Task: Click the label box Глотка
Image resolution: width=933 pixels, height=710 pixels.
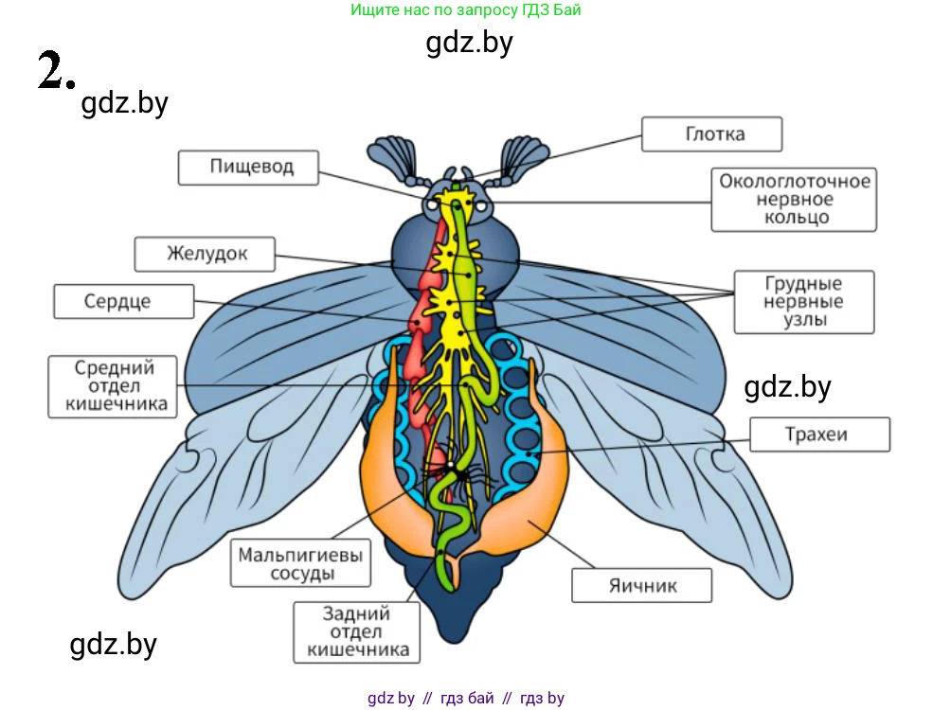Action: coord(711,134)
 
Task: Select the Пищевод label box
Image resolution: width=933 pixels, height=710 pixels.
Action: coord(251,168)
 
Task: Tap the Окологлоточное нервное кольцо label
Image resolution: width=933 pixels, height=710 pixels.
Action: coord(794,199)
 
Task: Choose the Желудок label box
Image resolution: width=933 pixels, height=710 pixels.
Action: coord(206,254)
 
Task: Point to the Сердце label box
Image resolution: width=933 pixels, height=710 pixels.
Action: coord(124,302)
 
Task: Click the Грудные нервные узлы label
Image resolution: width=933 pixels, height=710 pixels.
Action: coord(803,302)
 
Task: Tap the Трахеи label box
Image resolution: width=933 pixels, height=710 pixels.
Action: coord(819,435)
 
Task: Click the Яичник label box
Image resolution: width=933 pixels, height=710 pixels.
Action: coord(641,585)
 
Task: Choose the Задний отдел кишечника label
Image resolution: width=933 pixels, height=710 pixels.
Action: coord(357,631)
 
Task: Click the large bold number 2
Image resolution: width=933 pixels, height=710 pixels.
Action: coord(54,71)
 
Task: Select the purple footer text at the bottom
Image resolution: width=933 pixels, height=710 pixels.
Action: coord(465,699)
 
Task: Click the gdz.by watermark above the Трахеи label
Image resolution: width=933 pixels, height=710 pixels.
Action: coord(787,386)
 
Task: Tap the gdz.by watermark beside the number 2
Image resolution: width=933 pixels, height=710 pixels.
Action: coord(125,103)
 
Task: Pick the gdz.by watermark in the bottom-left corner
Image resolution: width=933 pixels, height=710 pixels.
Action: coord(114,645)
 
